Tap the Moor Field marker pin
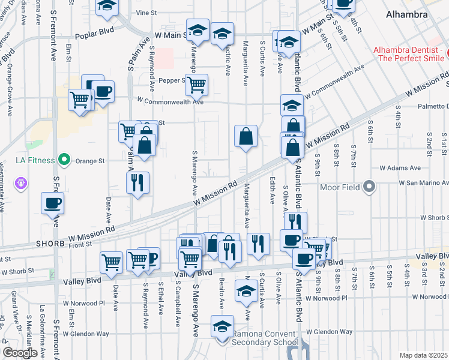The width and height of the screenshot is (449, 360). point(369,188)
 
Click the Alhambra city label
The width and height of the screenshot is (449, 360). point(407,14)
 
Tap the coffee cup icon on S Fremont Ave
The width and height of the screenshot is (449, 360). point(52,203)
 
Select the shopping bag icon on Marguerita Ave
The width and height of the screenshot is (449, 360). point(246,136)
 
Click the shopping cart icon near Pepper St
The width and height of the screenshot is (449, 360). point(196,85)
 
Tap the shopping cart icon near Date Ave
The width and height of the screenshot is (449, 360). point(112,262)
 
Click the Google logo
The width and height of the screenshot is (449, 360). point(20,353)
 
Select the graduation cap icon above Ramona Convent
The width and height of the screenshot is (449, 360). point(222,327)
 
